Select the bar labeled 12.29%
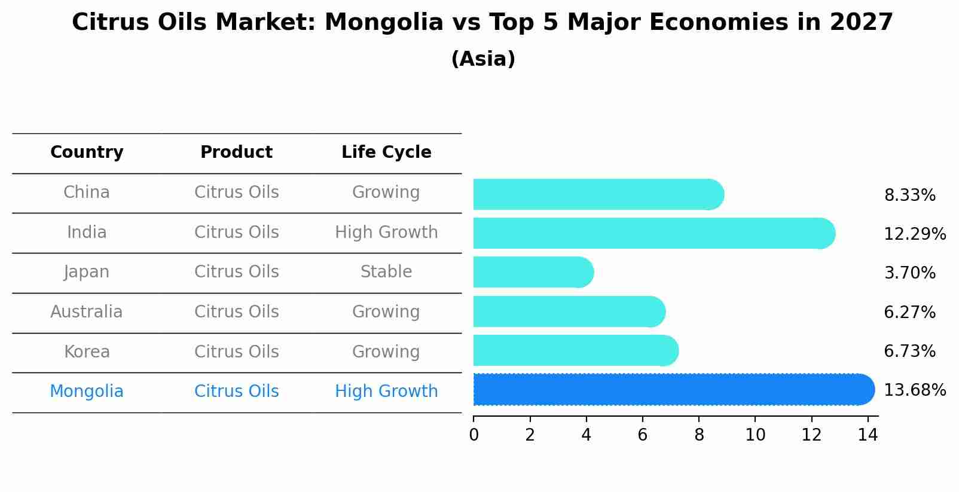pyautogui.click(x=652, y=233)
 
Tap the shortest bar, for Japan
pyautogui.click(x=532, y=273)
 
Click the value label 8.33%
pyautogui.click(x=909, y=195)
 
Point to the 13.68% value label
pyautogui.click(x=914, y=390)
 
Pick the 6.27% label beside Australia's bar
pyautogui.click(x=909, y=312)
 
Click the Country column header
pyautogui.click(x=87, y=152)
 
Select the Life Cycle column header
pyautogui.click(x=386, y=152)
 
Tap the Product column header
pyautogui.click(x=236, y=152)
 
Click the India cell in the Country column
pyautogui.click(x=87, y=232)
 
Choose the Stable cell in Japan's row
pyautogui.click(x=386, y=272)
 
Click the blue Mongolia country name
pyautogui.click(x=87, y=392)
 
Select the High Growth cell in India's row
pyautogui.click(x=386, y=232)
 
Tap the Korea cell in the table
pyautogui.click(x=87, y=352)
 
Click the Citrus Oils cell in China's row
pyautogui.click(x=236, y=192)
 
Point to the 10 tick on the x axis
pyautogui.click(x=755, y=435)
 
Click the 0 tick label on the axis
pyautogui.click(x=474, y=435)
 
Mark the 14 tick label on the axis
pyautogui.click(x=868, y=435)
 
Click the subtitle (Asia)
pyautogui.click(x=483, y=59)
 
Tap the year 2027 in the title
pyautogui.click(x=861, y=23)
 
